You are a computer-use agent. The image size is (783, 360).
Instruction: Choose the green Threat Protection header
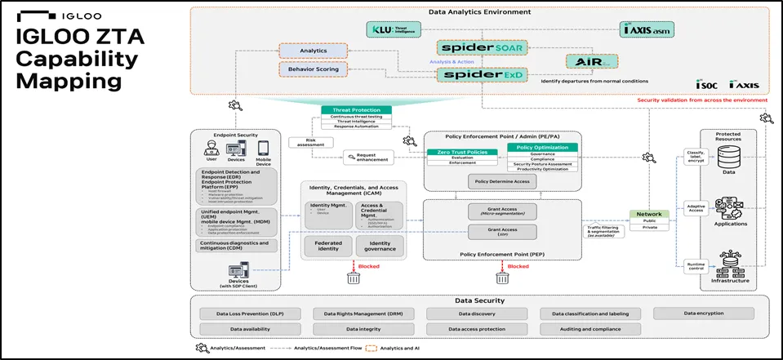356,110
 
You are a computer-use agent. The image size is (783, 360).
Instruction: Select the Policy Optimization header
542,147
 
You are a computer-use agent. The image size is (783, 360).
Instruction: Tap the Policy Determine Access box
503,181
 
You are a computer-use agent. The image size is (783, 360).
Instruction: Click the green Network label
650,214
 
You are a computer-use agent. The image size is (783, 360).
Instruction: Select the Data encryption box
707,313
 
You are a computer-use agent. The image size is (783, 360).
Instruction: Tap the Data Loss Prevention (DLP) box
251,313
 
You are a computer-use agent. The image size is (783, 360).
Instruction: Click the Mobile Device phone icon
263,149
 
